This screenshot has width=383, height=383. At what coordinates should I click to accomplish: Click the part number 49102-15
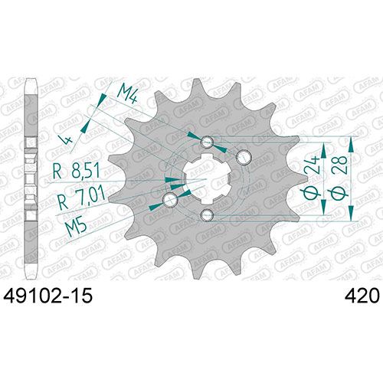pos(47,296)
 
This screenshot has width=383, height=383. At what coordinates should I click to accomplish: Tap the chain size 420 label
pos(361,296)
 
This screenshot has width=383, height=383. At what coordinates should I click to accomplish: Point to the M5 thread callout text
pos(76,227)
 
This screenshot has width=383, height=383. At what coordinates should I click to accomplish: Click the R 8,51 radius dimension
pos(76,170)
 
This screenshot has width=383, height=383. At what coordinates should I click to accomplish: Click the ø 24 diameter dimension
pos(313,176)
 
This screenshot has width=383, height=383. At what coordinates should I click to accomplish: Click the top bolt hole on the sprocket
pos(207,142)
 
